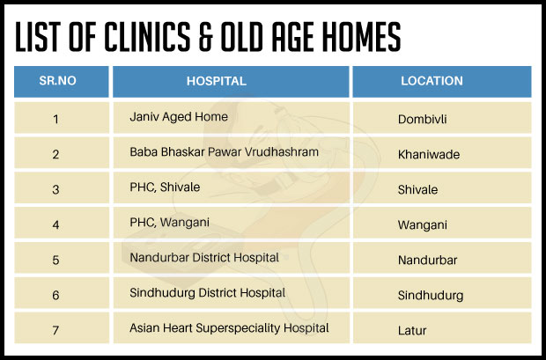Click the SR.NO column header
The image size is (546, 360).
[57, 81]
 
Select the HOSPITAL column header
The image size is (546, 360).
[217, 81]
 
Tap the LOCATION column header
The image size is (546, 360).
[432, 81]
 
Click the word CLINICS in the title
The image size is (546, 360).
[147, 37]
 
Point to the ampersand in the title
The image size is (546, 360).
[206, 37]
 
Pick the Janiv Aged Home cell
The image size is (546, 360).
[179, 117]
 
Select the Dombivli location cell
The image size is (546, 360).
[422, 120]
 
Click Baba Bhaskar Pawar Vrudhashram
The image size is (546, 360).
[224, 152]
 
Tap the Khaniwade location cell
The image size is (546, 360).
[429, 155]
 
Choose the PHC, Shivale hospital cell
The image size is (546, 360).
[165, 187]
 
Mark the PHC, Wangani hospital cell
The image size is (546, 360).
[170, 223]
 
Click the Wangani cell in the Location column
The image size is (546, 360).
[423, 225]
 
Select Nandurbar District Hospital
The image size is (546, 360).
[204, 258]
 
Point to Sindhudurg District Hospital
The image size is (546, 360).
[208, 293]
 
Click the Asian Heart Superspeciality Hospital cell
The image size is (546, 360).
[229, 328]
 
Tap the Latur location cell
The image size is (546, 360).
[412, 331]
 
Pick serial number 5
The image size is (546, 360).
[55, 260]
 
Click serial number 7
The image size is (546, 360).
[55, 330]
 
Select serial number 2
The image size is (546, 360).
[55, 155]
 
